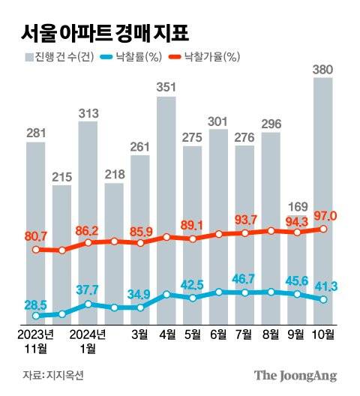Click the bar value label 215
click(62, 177)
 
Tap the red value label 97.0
click(325, 217)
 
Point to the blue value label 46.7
click(244, 279)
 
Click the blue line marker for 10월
click(323, 299)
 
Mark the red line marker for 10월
click(323, 229)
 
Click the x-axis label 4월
click(167, 334)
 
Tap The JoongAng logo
click(295, 375)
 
